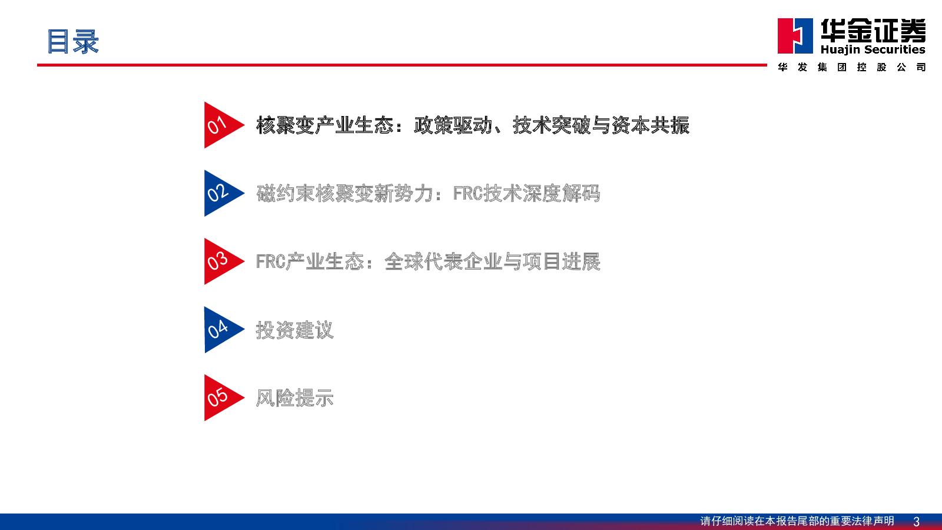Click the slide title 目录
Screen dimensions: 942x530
pyautogui.click(x=73, y=41)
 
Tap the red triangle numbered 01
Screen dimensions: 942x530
pyautogui.click(x=220, y=125)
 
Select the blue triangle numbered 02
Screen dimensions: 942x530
pyautogui.click(x=220, y=193)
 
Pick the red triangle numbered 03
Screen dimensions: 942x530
pyautogui.click(x=220, y=261)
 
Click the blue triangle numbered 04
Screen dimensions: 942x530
pyautogui.click(x=220, y=330)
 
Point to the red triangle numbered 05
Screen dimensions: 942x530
pyautogui.click(x=220, y=398)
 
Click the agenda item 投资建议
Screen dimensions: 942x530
pyautogui.click(x=295, y=330)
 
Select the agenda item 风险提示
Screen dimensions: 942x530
pyautogui.click(x=295, y=398)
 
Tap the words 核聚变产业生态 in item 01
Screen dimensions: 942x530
pyautogui.click(x=324, y=125)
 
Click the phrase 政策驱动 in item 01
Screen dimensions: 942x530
pyautogui.click(x=453, y=125)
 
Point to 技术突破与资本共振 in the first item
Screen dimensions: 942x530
pyautogui.click(x=601, y=125)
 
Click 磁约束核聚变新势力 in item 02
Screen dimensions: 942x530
pyautogui.click(x=344, y=194)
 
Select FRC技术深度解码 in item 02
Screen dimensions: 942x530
pyautogui.click(x=526, y=194)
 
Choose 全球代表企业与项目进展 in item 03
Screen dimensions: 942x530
pyautogui.click(x=492, y=261)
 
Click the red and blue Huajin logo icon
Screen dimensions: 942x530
pyautogui.click(x=795, y=36)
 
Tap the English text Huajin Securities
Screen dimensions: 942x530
pyautogui.click(x=873, y=49)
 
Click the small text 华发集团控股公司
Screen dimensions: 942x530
pyautogui.click(x=851, y=67)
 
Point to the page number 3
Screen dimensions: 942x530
pyautogui.click(x=916, y=522)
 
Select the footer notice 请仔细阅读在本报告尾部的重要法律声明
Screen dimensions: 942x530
pyautogui.click(x=797, y=521)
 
